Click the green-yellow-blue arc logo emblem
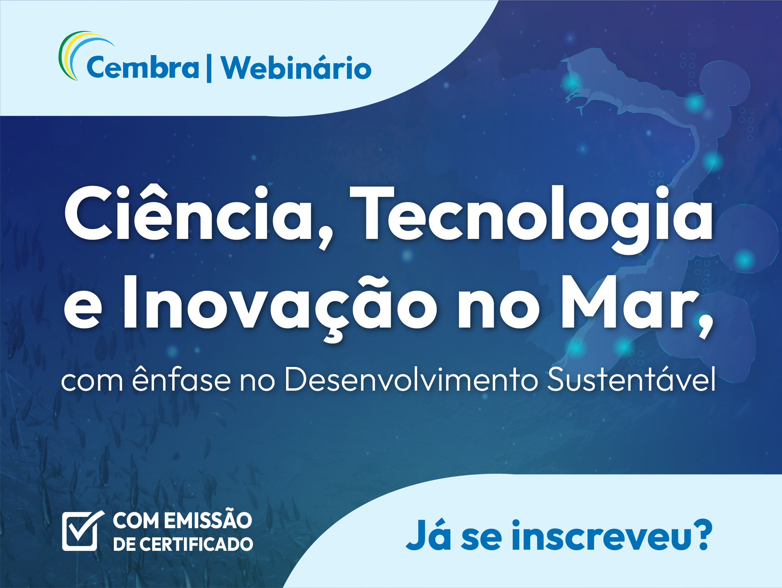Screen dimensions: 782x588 coord(84,55)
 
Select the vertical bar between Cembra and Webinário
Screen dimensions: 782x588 coord(209,68)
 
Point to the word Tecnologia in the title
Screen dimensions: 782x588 coord(531,219)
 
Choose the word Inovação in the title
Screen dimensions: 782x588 coord(280,307)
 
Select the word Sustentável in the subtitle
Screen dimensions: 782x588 coord(632,379)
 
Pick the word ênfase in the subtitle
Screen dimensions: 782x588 coord(181,379)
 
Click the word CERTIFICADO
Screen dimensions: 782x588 coord(196,544)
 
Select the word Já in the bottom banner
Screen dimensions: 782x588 coord(428,536)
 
